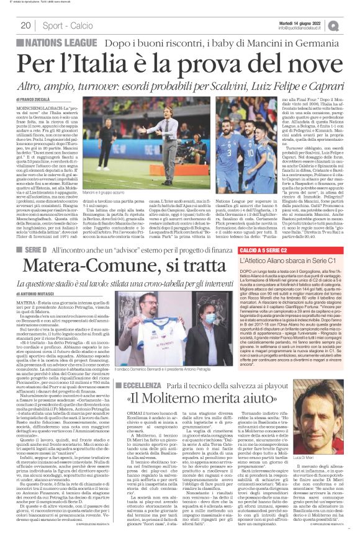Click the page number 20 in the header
26,25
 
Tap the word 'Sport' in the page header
54,25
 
